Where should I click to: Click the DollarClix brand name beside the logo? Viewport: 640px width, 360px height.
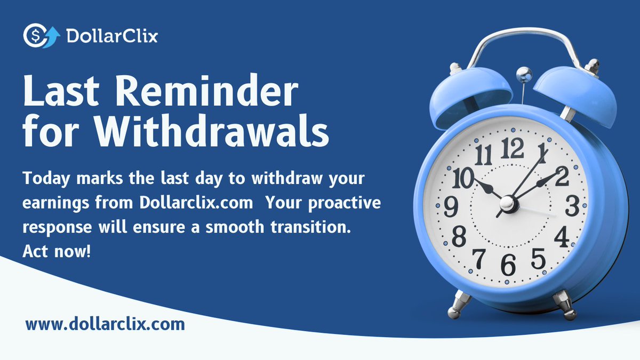[x=111, y=36]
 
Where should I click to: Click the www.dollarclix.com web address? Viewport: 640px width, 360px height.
[x=105, y=324]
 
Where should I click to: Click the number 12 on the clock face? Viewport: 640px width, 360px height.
[x=513, y=148]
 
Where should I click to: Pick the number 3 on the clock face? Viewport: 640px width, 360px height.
[x=572, y=205]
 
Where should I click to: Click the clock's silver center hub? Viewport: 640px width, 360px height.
[x=509, y=203]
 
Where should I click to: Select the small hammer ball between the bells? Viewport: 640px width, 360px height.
[x=524, y=71]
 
